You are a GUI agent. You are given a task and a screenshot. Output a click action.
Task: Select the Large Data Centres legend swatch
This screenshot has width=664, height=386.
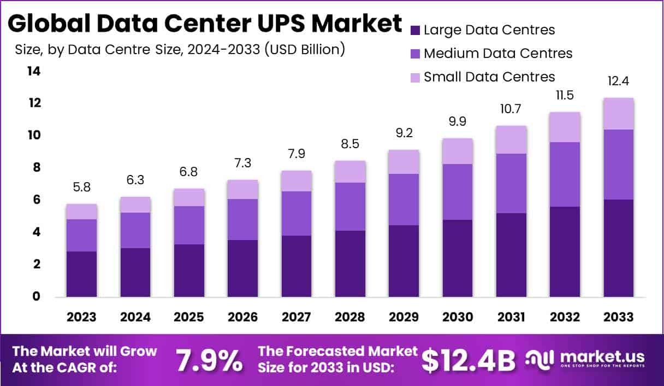(x=415, y=30)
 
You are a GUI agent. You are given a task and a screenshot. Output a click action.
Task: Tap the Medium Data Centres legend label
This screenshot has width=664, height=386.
(x=497, y=54)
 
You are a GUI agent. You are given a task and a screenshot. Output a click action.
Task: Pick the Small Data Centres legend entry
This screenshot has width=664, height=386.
(x=489, y=77)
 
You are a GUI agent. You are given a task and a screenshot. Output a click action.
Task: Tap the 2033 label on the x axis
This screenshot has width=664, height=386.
(x=619, y=317)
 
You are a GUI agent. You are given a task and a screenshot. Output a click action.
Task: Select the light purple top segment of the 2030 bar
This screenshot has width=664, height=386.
(x=457, y=151)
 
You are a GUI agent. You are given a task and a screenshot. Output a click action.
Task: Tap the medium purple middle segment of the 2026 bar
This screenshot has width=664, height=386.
(x=242, y=219)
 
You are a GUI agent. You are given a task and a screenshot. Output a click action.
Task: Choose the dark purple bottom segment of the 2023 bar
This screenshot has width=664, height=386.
(x=81, y=274)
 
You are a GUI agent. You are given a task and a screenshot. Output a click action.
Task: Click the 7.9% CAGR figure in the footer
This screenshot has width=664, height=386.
(x=209, y=360)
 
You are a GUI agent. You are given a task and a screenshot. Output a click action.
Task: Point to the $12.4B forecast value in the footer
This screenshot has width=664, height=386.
(x=469, y=360)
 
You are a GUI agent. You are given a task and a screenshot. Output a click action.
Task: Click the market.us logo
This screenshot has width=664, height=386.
(x=585, y=359)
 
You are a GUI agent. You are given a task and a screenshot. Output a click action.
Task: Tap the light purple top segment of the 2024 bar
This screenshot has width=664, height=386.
(x=135, y=204)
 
